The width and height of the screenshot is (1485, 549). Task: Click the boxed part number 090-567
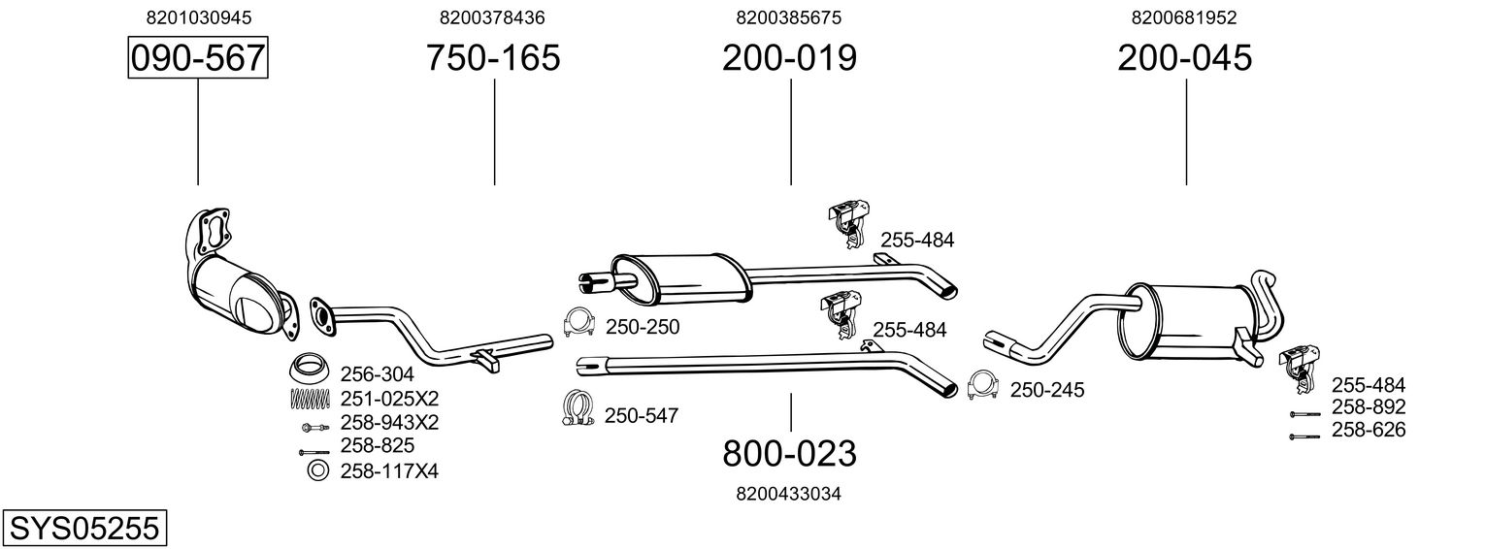[198, 58]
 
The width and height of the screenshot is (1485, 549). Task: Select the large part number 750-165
[493, 58]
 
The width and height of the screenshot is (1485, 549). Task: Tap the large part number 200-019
[789, 58]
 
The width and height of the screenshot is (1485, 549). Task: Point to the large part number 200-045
[1184, 58]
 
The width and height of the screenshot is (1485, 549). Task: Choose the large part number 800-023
[789, 453]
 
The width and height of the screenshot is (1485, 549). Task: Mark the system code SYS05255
[83, 529]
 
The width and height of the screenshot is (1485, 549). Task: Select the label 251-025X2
[389, 398]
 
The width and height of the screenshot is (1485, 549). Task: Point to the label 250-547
[641, 416]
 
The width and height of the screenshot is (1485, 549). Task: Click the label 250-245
[1047, 390]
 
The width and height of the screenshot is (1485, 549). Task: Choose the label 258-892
[1368, 407]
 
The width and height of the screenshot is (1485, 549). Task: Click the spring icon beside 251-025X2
[310, 398]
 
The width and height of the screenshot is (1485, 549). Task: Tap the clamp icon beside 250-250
[578, 323]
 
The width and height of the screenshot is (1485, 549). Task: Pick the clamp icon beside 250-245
[982, 386]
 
